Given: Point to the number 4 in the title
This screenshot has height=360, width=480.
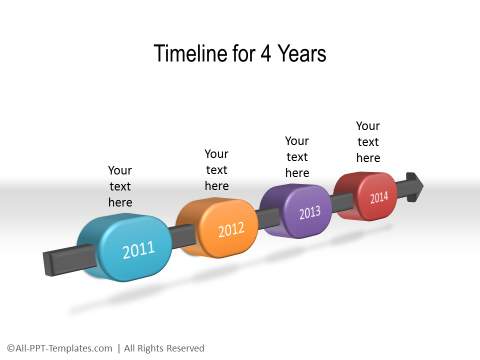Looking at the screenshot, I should tap(263, 54).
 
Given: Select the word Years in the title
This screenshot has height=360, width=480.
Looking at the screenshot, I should tap(300, 54).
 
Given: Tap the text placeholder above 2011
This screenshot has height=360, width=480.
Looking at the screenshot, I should tap(120, 186).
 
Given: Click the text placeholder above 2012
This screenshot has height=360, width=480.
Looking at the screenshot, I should tap(217, 170).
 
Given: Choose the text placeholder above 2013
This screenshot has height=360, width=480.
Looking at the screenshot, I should tap(297, 157).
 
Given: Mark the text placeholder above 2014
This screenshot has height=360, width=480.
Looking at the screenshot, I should tap(368, 142).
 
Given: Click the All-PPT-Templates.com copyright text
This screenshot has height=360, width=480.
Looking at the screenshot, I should tap(60, 348).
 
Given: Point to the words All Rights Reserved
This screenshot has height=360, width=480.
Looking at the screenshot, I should tap(165, 348).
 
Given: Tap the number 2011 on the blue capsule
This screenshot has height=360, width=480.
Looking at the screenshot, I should tap(139, 249).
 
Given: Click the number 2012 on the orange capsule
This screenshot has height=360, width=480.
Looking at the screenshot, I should tap(231, 231).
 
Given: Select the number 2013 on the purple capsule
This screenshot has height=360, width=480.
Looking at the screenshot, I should tap(310, 212).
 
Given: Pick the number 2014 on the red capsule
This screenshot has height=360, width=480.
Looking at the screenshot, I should tap(379, 197).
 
